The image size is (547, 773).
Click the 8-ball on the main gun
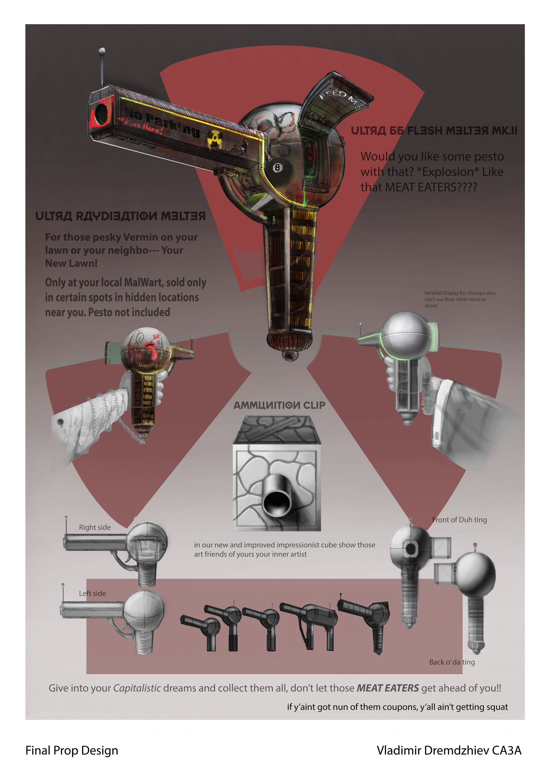[277, 168]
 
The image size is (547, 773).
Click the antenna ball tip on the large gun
[102, 51]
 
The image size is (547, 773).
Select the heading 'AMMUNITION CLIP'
[279, 405]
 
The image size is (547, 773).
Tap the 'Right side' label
[95, 527]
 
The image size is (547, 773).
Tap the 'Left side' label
[92, 593]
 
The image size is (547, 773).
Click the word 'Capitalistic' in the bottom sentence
[137, 688]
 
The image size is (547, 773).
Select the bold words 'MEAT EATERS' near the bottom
[387, 688]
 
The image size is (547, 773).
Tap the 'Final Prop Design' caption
[72, 750]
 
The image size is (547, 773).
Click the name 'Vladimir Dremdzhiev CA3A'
[449, 750]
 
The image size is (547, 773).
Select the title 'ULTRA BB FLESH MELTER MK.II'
[434, 131]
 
